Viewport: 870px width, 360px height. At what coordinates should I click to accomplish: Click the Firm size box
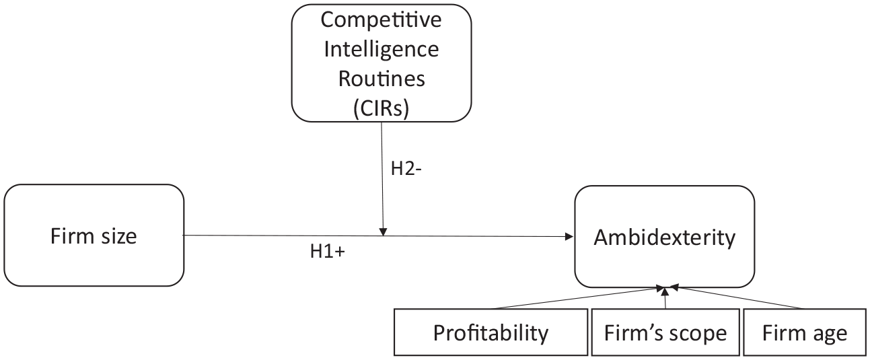click(x=94, y=236)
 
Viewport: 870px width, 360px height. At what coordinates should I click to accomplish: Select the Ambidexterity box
click(x=665, y=236)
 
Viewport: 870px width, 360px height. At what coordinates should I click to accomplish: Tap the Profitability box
click(x=491, y=332)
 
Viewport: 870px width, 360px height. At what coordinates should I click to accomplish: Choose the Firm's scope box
click(x=665, y=332)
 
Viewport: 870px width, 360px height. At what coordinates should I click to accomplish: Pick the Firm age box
click(x=805, y=332)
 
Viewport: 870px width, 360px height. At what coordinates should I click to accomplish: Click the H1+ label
click(x=328, y=251)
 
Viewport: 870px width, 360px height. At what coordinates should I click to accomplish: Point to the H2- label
click(x=406, y=168)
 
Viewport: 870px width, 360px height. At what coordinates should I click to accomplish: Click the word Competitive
click(x=381, y=20)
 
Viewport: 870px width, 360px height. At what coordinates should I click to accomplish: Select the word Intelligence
click(x=382, y=49)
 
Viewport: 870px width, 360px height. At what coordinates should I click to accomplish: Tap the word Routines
click(x=382, y=79)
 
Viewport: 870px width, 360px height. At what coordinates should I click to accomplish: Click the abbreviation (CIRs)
click(x=382, y=108)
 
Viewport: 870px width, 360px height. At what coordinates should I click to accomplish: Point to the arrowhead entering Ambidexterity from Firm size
click(x=570, y=236)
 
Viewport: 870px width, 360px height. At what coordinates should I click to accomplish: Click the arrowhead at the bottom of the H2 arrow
click(x=384, y=232)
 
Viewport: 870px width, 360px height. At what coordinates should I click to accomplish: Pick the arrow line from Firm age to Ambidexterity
click(x=736, y=297)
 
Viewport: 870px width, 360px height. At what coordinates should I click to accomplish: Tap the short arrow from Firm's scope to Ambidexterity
click(x=665, y=298)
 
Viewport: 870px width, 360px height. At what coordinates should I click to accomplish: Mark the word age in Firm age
click(x=830, y=334)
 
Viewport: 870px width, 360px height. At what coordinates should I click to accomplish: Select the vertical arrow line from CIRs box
click(x=382, y=178)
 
